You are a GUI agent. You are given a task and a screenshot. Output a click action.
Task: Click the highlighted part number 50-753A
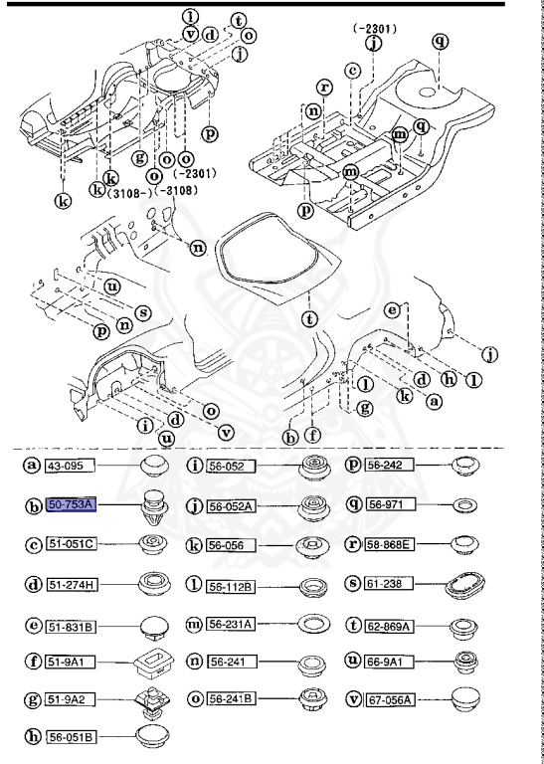pyautogui.click(x=71, y=505)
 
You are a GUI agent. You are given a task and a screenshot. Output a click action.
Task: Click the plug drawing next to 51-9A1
pyautogui.click(x=153, y=661)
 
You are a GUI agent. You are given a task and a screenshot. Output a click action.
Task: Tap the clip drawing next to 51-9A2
pyautogui.click(x=153, y=699)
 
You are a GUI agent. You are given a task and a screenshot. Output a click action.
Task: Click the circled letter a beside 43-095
pyautogui.click(x=32, y=465)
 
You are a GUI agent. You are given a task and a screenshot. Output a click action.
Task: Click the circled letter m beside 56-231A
pyautogui.click(x=193, y=624)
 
